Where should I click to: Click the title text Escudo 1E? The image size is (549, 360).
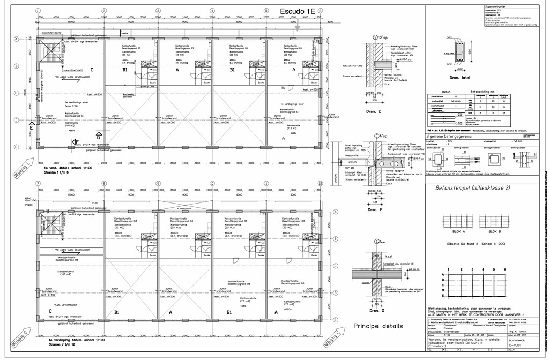[x=298, y=11]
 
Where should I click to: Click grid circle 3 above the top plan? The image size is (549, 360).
[x=158, y=11]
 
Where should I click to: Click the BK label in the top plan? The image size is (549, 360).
[x=283, y=87]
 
